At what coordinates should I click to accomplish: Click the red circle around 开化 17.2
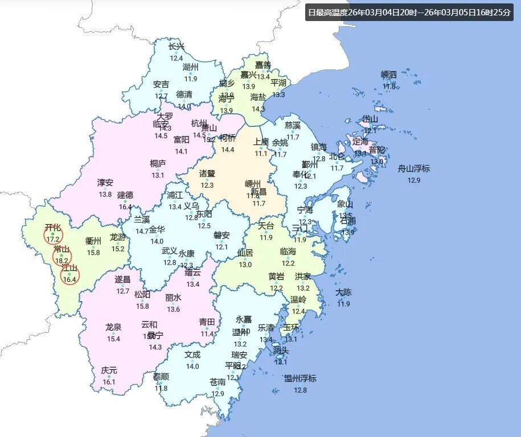[x=53, y=234]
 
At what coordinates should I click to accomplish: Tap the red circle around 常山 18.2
[x=62, y=257]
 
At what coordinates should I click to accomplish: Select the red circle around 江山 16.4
[x=70, y=275]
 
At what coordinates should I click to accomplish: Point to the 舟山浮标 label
[x=414, y=168]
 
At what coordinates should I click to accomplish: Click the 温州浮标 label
[x=300, y=378]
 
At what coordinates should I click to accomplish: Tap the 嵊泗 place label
[x=389, y=75]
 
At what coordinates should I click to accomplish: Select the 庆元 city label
[x=109, y=370]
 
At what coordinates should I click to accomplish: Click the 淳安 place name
[x=105, y=183]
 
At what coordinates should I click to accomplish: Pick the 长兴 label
[x=177, y=47]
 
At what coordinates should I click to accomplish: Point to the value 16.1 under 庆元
[x=109, y=382]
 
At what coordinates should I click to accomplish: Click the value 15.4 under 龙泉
[x=113, y=339]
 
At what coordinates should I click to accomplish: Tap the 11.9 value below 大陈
[x=343, y=304]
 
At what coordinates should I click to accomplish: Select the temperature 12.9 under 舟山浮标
[x=414, y=180]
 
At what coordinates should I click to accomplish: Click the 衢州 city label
[x=93, y=241]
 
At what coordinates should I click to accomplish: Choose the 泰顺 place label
[x=161, y=376]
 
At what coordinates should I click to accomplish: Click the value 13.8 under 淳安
[x=105, y=195]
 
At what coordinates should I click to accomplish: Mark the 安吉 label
[x=161, y=84]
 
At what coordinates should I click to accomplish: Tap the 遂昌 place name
[x=123, y=279]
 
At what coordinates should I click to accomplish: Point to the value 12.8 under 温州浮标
[x=300, y=390]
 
